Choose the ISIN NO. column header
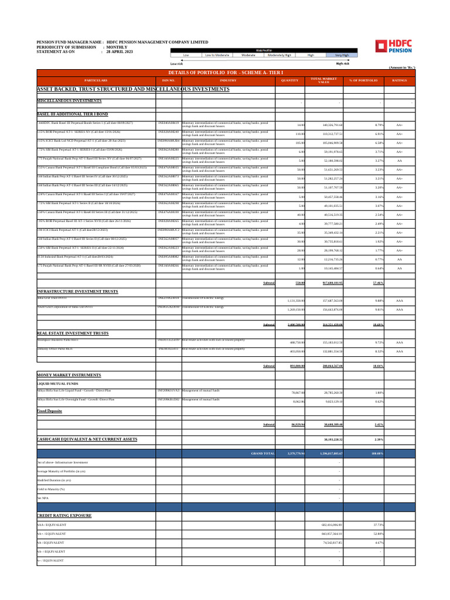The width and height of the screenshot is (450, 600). coord(169,80)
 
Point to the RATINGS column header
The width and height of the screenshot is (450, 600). coord(400,80)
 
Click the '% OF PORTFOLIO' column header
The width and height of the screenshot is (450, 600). coord(363,80)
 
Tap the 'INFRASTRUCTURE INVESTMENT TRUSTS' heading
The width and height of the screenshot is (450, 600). coord(77,291)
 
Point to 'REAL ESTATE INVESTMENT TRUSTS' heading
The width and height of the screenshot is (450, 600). coord(73,333)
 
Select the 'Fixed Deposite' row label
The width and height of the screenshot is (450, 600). coord(50,411)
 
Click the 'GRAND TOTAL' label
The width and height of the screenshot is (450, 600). coord(262,454)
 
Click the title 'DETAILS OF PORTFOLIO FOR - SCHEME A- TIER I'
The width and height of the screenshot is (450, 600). coord(221,72)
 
